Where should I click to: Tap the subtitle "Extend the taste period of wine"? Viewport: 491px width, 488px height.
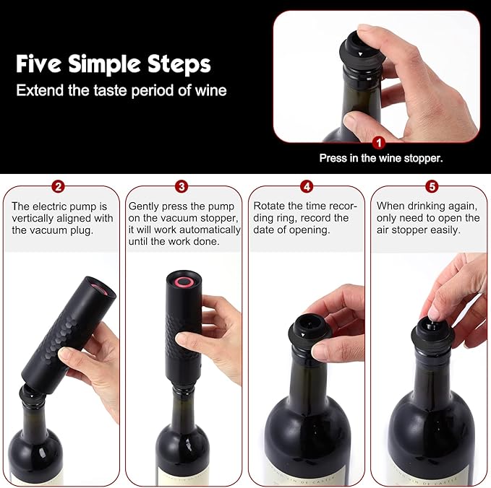tap(121, 91)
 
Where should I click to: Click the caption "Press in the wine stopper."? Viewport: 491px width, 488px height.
tap(380, 157)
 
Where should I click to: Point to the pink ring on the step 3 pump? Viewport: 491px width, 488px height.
tap(179, 281)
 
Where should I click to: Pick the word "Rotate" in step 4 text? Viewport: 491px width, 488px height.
tap(269, 206)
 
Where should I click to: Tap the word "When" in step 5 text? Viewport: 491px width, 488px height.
tap(391, 206)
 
